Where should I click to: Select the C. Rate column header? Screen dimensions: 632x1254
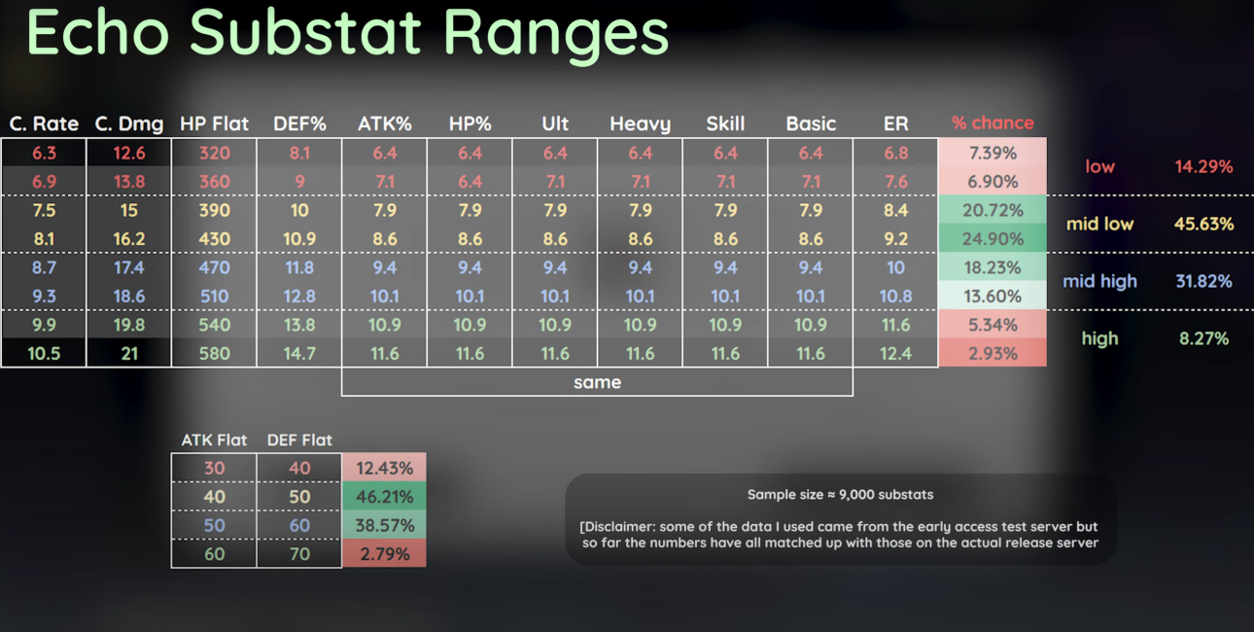[x=44, y=123]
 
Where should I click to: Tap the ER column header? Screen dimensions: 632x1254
[x=895, y=123]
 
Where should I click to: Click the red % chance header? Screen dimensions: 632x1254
[x=993, y=123]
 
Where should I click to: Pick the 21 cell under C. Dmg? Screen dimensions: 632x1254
[x=129, y=353]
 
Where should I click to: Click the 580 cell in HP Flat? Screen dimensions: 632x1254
[x=214, y=353]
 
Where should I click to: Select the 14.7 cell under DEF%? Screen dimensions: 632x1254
[x=299, y=353]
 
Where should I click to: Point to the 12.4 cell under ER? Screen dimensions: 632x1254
[x=895, y=353]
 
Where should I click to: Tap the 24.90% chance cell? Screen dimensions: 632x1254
[x=993, y=238]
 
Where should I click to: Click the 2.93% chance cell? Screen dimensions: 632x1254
[x=993, y=353]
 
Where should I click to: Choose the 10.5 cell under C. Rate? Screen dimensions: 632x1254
[x=44, y=353]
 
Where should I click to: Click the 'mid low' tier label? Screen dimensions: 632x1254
[x=1099, y=224]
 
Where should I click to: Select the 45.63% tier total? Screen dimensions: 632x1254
[x=1203, y=224]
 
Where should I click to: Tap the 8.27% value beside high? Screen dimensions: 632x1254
[x=1203, y=338]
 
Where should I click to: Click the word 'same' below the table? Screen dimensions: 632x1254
[x=597, y=382]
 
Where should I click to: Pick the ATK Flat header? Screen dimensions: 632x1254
[x=214, y=439]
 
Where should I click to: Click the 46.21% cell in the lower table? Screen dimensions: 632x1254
[x=384, y=497]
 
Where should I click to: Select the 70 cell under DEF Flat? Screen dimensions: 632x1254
[x=299, y=554]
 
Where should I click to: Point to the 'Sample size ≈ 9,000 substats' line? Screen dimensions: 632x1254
[x=840, y=494]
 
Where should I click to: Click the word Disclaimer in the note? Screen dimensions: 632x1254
[x=618, y=527]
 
